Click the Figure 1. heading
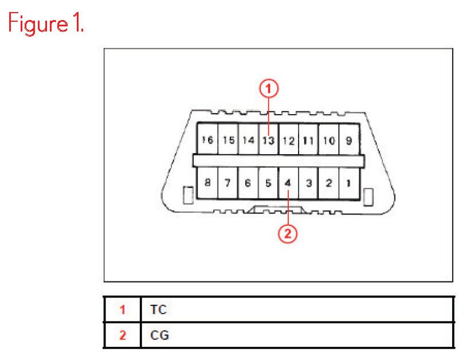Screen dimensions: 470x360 (x=46, y=25)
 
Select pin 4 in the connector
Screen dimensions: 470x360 (x=288, y=183)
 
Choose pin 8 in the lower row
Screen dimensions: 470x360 (x=207, y=183)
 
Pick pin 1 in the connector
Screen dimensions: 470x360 (x=348, y=183)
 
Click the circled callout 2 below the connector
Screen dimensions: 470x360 (x=288, y=233)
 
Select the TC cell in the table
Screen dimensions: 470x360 (x=158, y=310)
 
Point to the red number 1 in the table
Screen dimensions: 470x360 (x=122, y=310)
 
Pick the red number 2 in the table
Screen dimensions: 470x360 (x=122, y=335)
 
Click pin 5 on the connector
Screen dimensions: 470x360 (x=268, y=183)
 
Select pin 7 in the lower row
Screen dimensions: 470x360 (x=228, y=183)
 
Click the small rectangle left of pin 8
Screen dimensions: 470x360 (x=186, y=195)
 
